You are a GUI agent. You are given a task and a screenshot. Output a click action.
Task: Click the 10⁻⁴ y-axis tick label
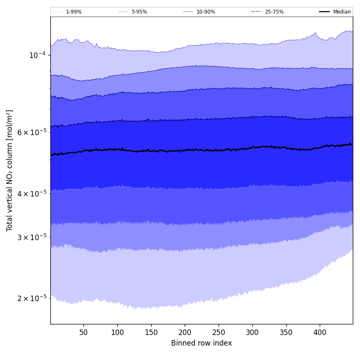37,55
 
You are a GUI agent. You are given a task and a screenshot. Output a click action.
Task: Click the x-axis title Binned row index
202,343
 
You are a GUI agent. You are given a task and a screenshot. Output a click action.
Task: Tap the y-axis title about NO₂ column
10,170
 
